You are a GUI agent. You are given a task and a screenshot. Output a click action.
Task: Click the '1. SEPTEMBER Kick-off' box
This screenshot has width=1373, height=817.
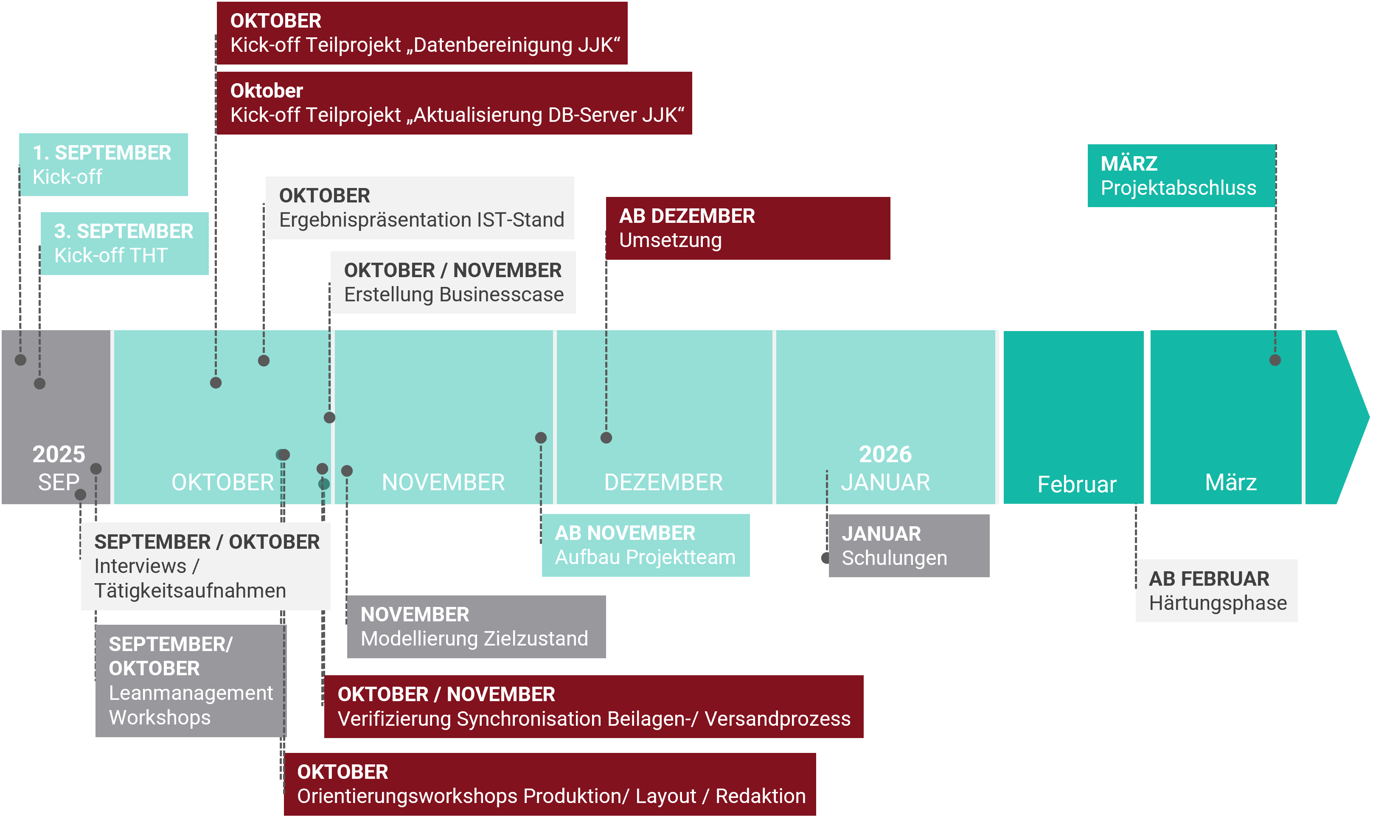(x=103, y=165)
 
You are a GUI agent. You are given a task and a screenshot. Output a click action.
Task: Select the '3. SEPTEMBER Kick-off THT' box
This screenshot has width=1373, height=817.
(x=124, y=243)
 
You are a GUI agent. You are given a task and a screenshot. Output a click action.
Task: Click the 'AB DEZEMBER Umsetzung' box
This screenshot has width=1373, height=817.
(x=747, y=228)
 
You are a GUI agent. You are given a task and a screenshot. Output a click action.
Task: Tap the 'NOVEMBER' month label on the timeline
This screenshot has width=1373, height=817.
(x=443, y=482)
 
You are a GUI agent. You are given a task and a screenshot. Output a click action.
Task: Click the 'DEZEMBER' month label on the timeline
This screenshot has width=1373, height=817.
(x=663, y=482)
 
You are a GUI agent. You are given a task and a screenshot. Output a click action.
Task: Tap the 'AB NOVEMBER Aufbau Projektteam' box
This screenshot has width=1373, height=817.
(x=645, y=545)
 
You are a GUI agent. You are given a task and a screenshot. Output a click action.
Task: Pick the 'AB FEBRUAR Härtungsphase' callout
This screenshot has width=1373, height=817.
(x=1217, y=591)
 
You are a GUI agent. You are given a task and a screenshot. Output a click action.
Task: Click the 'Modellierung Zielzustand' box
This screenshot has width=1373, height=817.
(x=476, y=626)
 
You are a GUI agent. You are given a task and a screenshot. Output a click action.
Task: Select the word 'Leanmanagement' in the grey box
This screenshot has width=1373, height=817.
(x=191, y=693)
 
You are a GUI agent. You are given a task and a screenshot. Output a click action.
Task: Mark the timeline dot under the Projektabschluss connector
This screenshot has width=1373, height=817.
(x=1275, y=360)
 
